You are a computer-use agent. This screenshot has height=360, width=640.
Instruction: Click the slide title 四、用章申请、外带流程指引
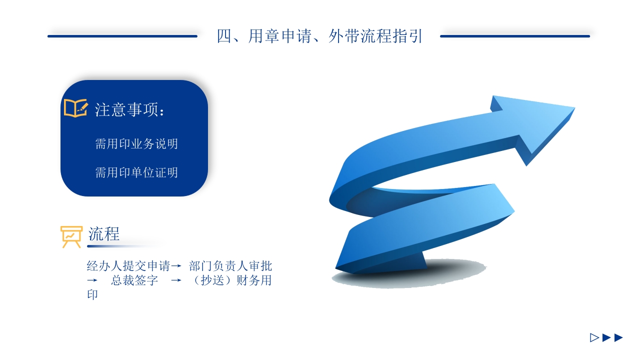tap(320, 36)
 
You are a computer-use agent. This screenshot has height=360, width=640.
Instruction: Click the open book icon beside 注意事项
tap(75, 108)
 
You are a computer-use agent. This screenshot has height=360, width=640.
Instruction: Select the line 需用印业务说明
tap(136, 144)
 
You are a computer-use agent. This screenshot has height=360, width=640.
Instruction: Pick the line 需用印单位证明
tap(136, 172)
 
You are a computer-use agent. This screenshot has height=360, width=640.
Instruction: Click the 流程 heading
tap(104, 233)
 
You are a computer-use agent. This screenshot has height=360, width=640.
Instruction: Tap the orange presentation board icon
tap(71, 236)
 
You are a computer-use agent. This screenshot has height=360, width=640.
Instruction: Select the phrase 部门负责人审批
tap(230, 265)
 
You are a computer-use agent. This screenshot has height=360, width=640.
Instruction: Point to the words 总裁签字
tap(134, 280)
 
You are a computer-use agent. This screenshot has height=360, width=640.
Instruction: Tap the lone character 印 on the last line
tap(92, 294)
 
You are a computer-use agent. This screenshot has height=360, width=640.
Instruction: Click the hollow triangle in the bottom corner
tap(594, 337)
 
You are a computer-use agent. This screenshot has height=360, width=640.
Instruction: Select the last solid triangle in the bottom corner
tap(618, 337)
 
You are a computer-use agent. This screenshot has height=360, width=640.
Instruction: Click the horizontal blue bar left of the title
tap(122, 36)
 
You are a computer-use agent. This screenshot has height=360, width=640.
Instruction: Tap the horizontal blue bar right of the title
tap(515, 36)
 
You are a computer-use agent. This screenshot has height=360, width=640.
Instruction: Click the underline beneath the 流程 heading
tap(125, 246)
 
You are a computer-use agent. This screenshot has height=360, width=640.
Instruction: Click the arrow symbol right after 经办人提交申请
tap(175, 265)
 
